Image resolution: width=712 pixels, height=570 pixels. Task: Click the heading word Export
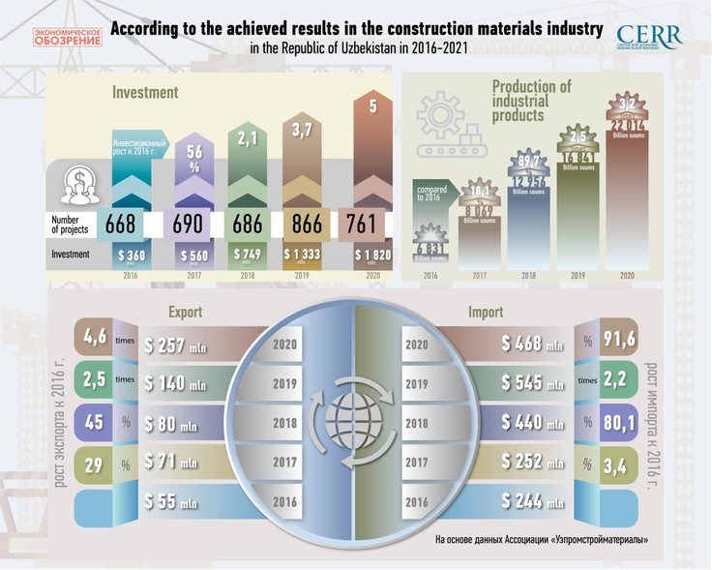point(185,313)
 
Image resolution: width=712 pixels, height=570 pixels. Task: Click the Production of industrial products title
point(531,101)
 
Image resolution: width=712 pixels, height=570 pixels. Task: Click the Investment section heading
point(145,93)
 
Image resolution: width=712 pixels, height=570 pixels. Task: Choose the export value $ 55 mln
point(171,502)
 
